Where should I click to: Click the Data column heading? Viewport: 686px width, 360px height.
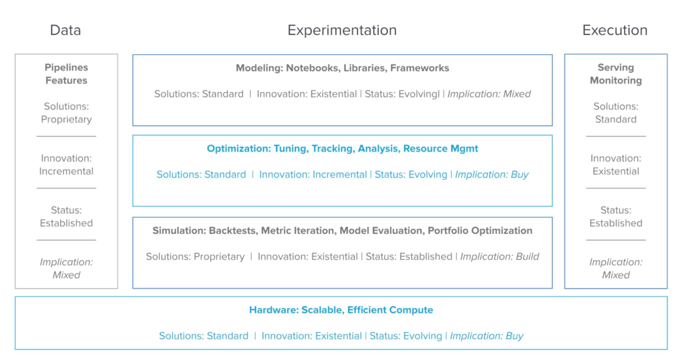coord(65,30)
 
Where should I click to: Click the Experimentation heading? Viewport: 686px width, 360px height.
coord(342,30)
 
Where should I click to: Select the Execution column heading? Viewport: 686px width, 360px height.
coord(615,30)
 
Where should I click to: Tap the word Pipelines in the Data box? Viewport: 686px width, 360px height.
coord(66,67)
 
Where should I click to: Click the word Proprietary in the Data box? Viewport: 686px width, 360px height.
coord(66,120)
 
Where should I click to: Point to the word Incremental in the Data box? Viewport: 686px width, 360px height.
coord(66,171)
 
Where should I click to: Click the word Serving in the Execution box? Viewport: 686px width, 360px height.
coord(616,68)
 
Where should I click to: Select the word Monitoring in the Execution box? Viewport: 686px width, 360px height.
coord(616,80)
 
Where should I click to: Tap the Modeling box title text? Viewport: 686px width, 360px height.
coord(342,68)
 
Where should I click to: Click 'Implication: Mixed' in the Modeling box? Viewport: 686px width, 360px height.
coord(489,94)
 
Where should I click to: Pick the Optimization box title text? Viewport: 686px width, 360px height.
coord(342,148)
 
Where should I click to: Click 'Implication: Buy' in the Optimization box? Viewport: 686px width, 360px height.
coord(492,174)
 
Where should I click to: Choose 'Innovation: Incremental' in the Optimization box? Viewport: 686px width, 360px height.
coord(313,174)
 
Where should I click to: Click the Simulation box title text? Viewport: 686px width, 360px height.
coord(342,230)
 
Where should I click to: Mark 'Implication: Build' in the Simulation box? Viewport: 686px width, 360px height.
coord(499,257)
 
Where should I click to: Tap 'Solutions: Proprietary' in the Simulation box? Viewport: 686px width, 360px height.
coord(195,257)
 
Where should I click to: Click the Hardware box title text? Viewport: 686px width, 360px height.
coord(341,310)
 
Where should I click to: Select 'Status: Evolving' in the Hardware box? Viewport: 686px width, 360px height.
coord(406,336)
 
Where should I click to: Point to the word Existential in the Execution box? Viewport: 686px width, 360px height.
coord(616,171)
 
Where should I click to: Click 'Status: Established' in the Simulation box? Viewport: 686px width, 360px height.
coord(409,257)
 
